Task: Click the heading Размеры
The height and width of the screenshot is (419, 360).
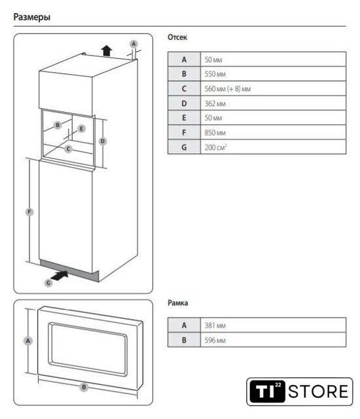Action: [x=32, y=18]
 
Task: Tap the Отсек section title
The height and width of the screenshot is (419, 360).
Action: [x=177, y=37]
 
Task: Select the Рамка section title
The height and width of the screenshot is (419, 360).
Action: [x=177, y=303]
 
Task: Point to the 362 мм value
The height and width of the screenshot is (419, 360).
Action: [x=215, y=103]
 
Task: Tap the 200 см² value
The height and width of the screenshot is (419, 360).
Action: [x=215, y=147]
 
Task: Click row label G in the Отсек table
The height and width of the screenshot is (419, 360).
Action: [x=184, y=147]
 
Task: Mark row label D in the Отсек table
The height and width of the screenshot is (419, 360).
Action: [x=184, y=103]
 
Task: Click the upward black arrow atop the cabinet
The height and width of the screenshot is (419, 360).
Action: [x=107, y=50]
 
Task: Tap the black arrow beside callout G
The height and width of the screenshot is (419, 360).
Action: [x=60, y=276]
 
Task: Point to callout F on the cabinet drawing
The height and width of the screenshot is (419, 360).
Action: [x=29, y=212]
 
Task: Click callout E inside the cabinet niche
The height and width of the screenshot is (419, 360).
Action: [x=81, y=128]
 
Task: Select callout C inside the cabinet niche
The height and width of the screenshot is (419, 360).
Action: [x=68, y=149]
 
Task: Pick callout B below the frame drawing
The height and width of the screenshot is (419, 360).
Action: [x=84, y=387]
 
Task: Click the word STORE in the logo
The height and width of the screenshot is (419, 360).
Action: [x=318, y=392]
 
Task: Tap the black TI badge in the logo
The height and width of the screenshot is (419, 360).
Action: [x=267, y=392]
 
